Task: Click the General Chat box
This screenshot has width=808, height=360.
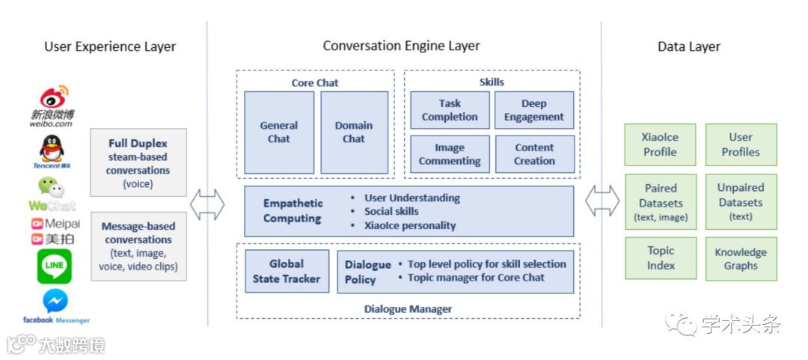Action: click(279, 132)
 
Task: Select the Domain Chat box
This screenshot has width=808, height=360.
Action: click(354, 132)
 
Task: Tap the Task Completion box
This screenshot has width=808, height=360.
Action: click(450, 110)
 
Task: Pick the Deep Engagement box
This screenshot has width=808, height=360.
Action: click(534, 110)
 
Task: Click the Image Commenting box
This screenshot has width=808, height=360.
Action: click(450, 154)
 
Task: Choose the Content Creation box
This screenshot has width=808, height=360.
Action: click(534, 154)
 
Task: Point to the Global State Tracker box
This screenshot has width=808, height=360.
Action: click(287, 271)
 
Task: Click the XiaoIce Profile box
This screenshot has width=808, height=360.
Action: click(660, 144)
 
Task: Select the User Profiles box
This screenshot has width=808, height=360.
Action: click(741, 144)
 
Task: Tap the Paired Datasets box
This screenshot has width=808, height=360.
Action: click(660, 202)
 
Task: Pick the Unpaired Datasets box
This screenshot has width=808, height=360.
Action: click(741, 202)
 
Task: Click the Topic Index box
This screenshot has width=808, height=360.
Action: click(661, 258)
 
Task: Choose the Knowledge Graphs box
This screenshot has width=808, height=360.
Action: click(741, 258)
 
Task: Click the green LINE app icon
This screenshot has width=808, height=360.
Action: click(54, 266)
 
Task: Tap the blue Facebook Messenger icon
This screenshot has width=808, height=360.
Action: click(55, 301)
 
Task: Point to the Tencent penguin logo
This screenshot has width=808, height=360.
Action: click(52, 149)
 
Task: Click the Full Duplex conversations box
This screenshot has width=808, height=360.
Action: click(138, 162)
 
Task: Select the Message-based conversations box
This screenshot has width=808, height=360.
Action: click(138, 246)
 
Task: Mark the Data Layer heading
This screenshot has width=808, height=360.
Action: click(688, 46)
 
